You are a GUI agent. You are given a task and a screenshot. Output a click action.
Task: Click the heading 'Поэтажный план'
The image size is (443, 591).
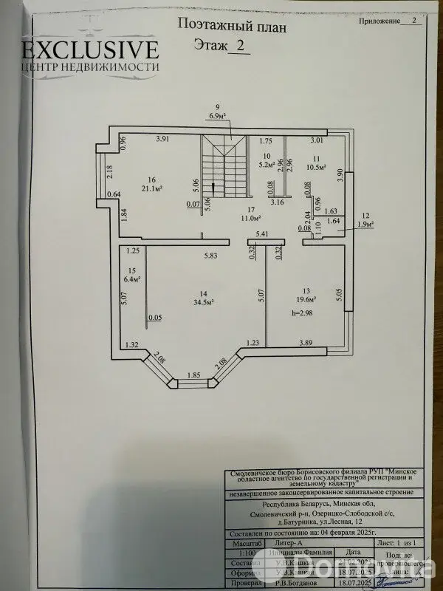click(x=231, y=24)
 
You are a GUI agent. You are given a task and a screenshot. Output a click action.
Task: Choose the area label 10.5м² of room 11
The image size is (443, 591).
click(x=316, y=168)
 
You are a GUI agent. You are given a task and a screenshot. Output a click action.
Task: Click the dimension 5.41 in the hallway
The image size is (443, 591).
click(x=262, y=234)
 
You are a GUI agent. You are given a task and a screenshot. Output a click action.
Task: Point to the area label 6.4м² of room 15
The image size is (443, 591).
click(x=134, y=280)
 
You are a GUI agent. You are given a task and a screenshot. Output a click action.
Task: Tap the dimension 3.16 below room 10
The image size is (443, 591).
click(x=278, y=201)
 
